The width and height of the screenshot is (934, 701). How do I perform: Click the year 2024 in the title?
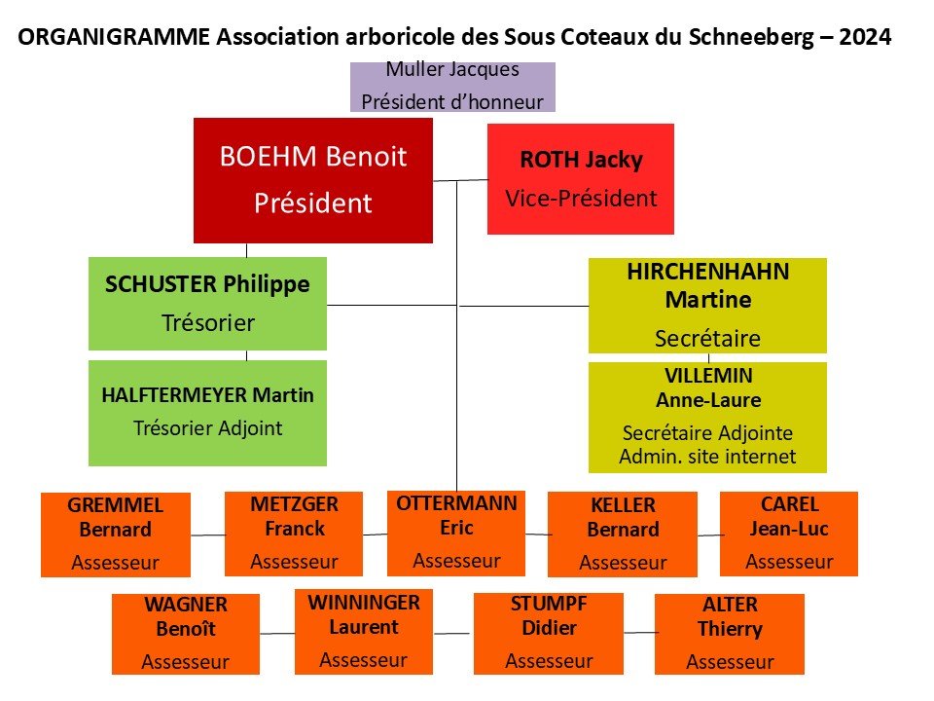865,37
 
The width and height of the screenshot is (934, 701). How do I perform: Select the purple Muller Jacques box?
452,87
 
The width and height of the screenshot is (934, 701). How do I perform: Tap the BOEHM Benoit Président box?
313,180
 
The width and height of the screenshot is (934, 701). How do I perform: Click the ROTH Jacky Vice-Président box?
581,179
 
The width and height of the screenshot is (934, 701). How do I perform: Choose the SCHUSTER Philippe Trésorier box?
208,304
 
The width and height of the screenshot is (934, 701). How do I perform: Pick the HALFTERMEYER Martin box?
208,413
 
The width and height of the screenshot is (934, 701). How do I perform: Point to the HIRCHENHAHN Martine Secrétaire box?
707,306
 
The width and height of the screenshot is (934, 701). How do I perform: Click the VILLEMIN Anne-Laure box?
707,418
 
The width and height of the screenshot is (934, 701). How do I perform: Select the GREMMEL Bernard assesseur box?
116,535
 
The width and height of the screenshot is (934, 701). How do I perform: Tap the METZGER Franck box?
294,535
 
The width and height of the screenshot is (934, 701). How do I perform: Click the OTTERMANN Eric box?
456,533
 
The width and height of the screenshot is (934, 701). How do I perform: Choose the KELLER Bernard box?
623,535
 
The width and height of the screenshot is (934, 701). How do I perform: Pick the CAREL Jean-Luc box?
789,535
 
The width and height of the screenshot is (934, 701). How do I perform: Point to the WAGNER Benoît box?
186,634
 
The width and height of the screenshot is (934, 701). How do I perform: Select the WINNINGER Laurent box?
364,632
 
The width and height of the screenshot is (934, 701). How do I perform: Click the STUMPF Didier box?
549,634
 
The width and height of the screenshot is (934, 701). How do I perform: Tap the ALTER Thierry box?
730,634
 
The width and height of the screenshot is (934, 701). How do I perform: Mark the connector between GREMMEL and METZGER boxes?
208,535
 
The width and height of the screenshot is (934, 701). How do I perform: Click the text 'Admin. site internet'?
707,457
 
